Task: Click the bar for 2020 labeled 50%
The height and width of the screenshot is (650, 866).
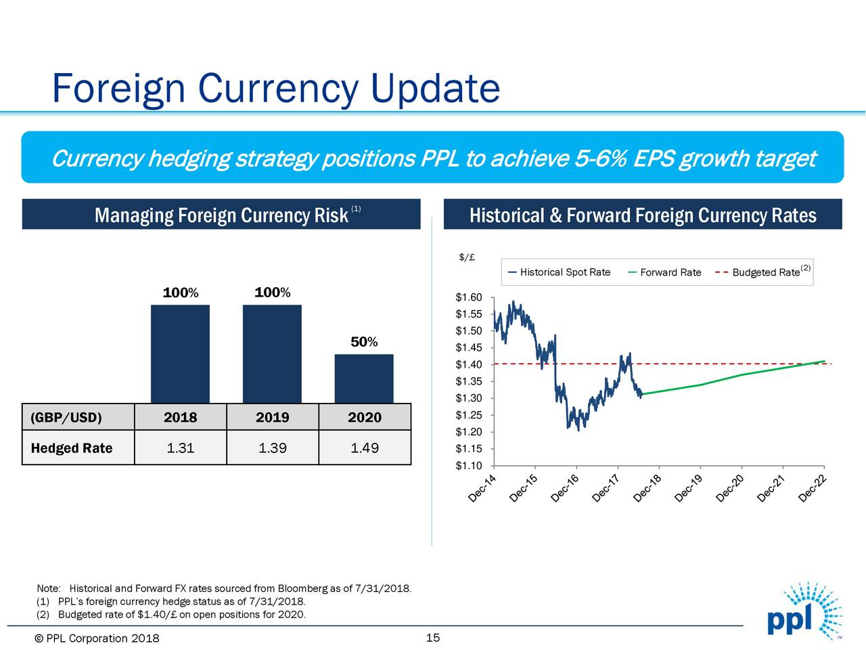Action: [364, 378]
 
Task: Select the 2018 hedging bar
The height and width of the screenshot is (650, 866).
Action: [180, 353]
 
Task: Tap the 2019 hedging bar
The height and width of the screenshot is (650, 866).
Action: [272, 353]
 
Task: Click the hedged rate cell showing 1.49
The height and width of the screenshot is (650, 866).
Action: [364, 448]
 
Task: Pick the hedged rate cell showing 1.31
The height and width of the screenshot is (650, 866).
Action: [180, 448]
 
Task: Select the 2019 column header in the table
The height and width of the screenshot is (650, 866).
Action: [272, 417]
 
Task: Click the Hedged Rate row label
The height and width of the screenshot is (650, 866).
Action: [72, 448]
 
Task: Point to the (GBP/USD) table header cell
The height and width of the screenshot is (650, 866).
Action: [66, 417]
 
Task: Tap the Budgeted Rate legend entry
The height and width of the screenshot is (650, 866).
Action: [765, 272]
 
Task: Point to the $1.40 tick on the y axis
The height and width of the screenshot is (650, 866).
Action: [468, 364]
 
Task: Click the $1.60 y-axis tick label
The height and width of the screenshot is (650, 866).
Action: [468, 297]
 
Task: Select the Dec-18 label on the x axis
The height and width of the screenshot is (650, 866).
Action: [647, 490]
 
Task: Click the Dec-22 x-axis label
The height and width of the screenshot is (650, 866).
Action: [813, 490]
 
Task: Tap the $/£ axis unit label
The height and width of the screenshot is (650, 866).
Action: [466, 257]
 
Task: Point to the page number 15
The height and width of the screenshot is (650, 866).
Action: [433, 638]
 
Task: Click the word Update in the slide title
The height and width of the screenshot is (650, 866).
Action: [435, 88]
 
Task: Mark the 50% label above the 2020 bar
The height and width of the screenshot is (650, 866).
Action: [364, 342]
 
